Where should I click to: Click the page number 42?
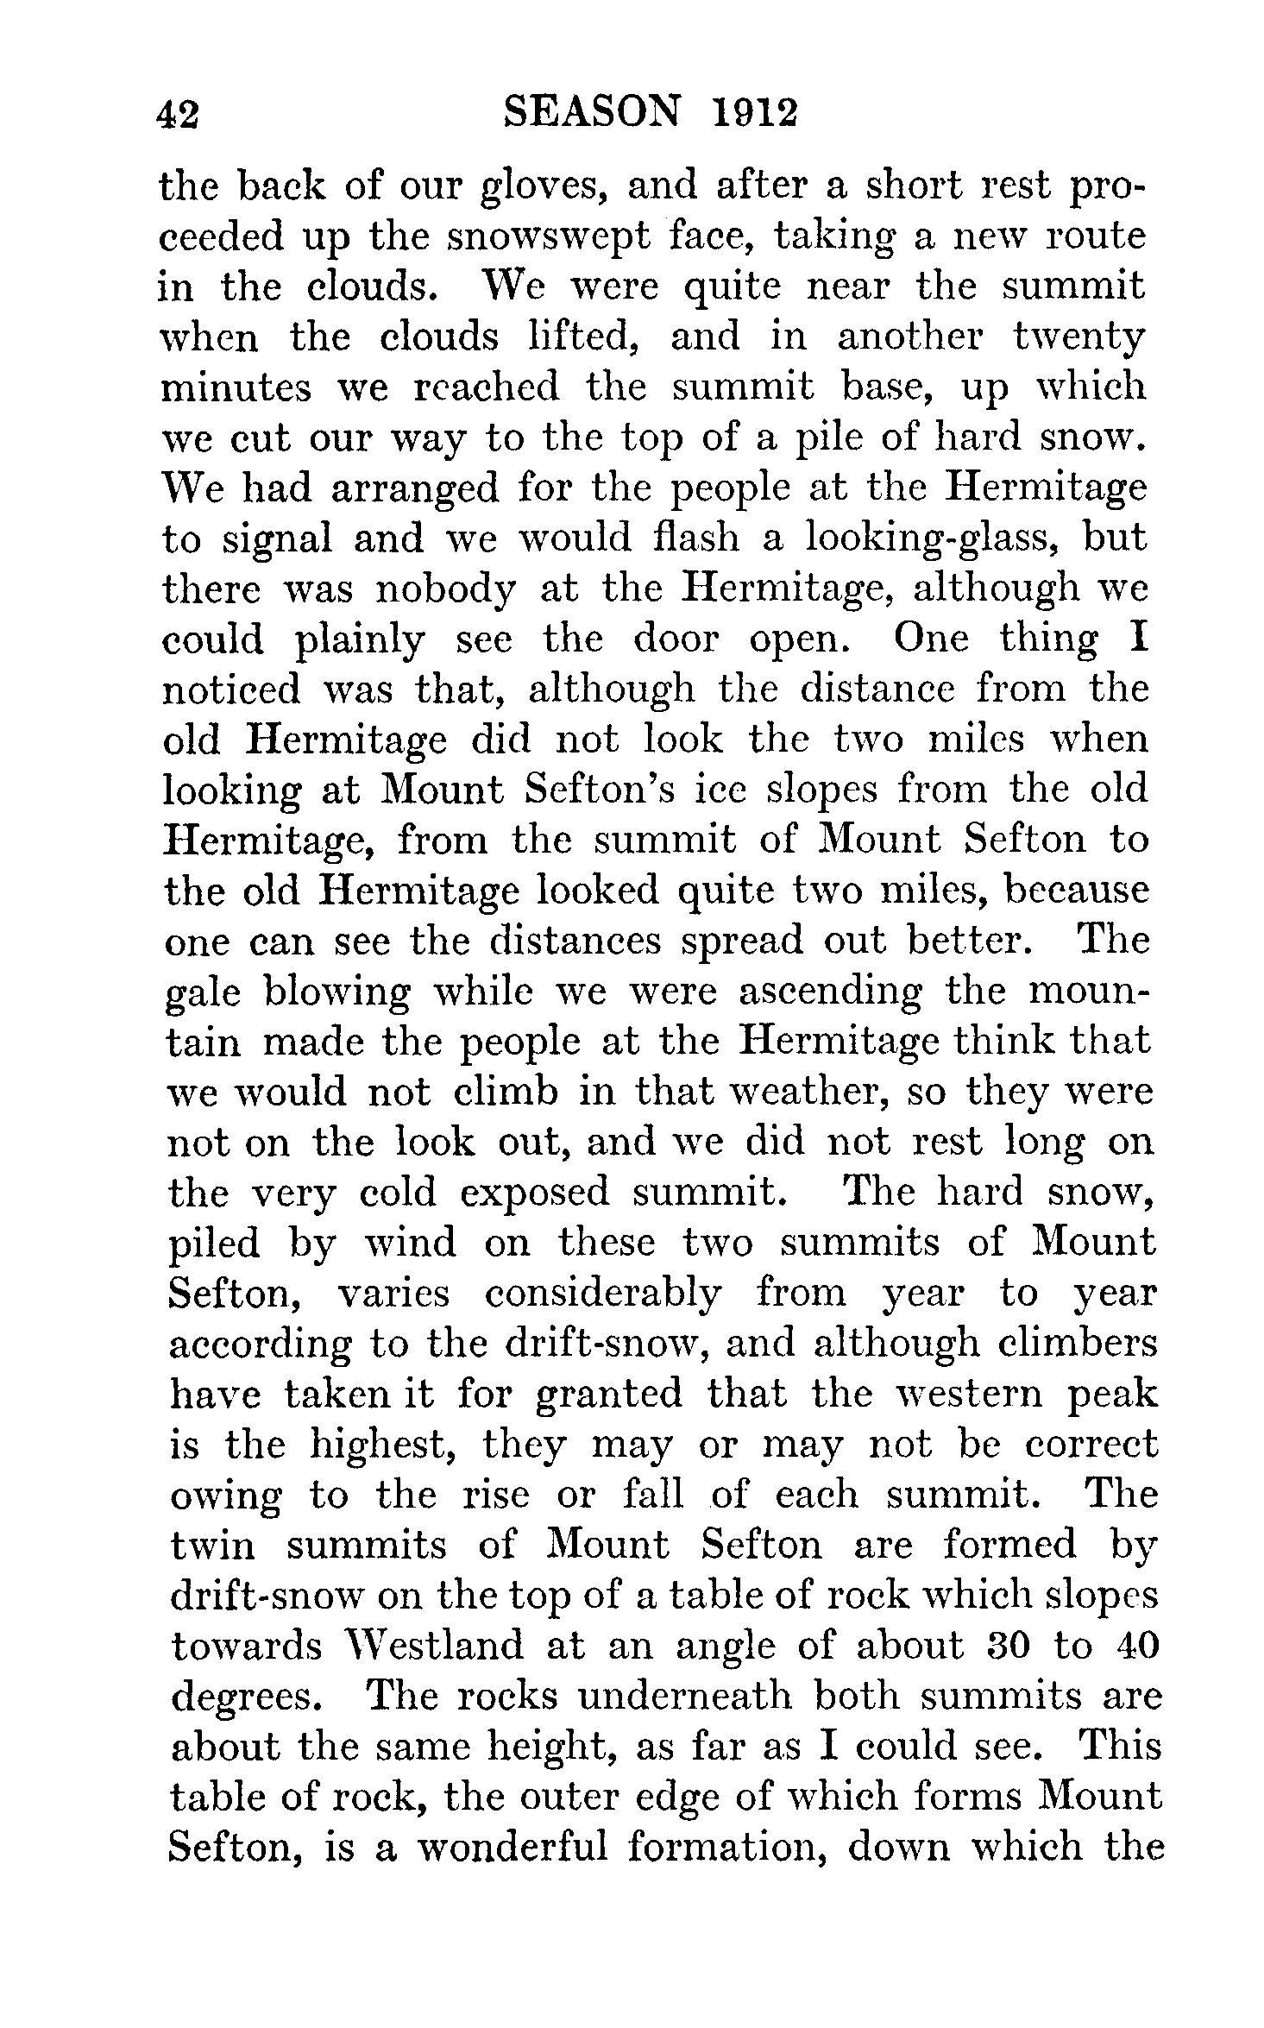(x=179, y=114)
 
